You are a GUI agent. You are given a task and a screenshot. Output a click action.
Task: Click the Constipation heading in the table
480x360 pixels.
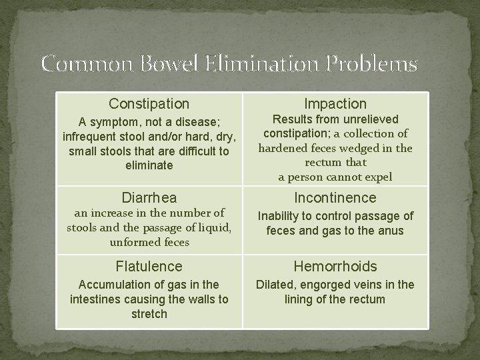pos(149,104)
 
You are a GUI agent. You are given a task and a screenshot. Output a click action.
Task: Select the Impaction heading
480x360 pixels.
pos(335,104)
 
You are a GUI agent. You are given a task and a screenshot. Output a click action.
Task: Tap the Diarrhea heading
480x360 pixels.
pos(149,198)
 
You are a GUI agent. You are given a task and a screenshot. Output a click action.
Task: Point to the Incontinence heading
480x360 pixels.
pos(335,198)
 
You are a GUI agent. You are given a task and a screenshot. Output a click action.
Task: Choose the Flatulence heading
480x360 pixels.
pos(149,267)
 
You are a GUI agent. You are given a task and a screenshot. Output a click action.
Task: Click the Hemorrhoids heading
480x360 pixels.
pos(335,267)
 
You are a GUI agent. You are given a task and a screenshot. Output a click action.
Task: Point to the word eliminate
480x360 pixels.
pos(149,165)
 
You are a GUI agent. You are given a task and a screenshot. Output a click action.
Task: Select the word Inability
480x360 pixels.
pos(281,216)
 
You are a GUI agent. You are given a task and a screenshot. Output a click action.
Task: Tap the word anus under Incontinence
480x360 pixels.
pos(392,231)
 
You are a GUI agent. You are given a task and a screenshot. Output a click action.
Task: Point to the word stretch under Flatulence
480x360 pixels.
pos(149,313)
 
